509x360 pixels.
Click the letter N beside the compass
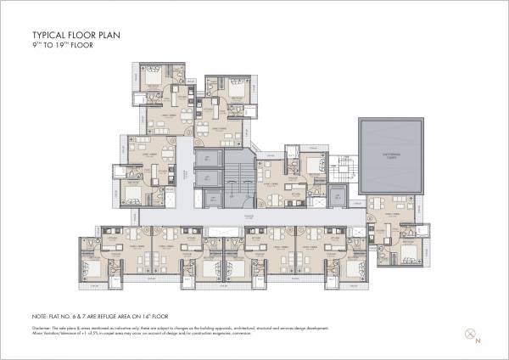coord(478,341)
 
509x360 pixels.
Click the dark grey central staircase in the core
coord(238,178)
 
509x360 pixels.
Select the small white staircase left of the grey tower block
coord(343,166)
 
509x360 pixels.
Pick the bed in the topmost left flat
coord(153,77)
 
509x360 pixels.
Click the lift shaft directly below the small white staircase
coord(337,196)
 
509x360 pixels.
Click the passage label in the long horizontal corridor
coord(249,217)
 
